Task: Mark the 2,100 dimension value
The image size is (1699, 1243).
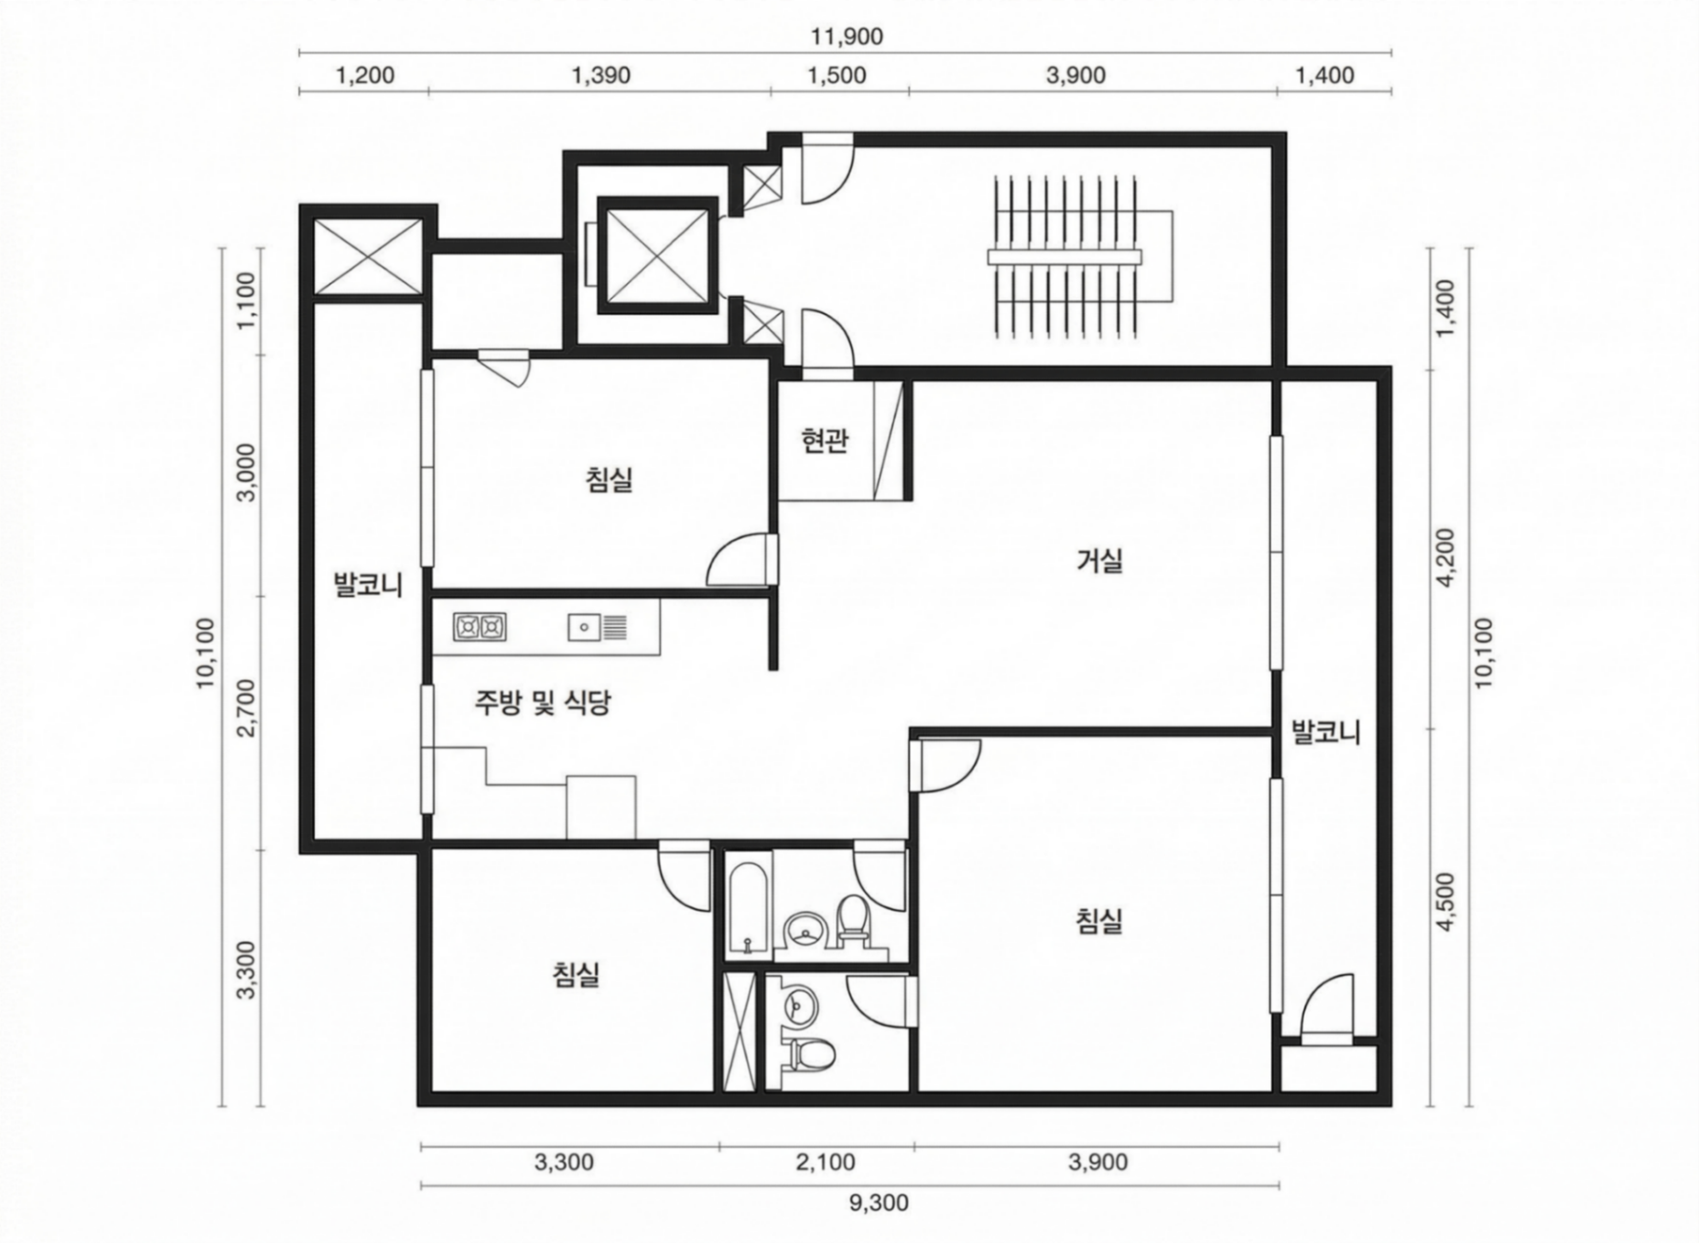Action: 826,1162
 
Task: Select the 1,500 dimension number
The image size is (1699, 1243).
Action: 836,75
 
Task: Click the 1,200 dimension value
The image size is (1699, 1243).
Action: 365,75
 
